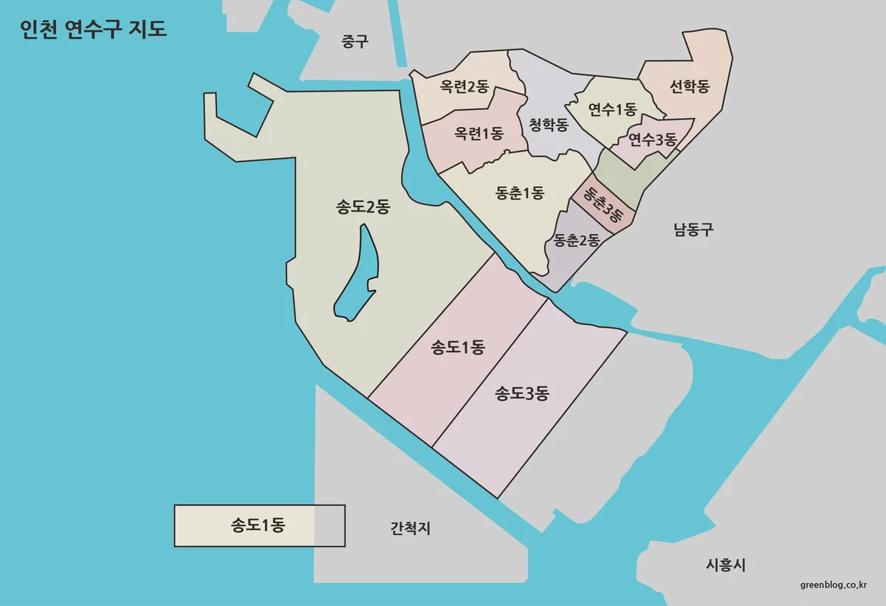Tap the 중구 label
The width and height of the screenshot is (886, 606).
[x=354, y=41]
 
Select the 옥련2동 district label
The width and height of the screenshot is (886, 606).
[x=464, y=87]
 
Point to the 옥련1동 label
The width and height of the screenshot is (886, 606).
[x=478, y=134]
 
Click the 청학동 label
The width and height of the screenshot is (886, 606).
[x=549, y=125]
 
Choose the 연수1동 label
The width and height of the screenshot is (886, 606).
[x=612, y=110]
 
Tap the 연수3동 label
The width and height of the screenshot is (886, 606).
[x=652, y=139]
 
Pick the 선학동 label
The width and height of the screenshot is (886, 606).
[x=690, y=87]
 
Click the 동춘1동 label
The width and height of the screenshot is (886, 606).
[x=520, y=193]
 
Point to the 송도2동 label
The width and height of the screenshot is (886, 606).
[x=363, y=207]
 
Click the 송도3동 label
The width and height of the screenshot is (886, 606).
[x=522, y=393]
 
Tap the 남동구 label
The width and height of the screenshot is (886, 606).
[x=693, y=230]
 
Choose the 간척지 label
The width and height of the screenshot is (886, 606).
[x=410, y=528]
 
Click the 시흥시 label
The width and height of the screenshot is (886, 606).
[x=726, y=565]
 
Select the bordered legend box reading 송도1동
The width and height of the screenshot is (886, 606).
[x=259, y=526]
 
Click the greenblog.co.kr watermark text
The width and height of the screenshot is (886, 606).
[x=834, y=585]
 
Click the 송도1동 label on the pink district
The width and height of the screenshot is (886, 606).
[x=457, y=347]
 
